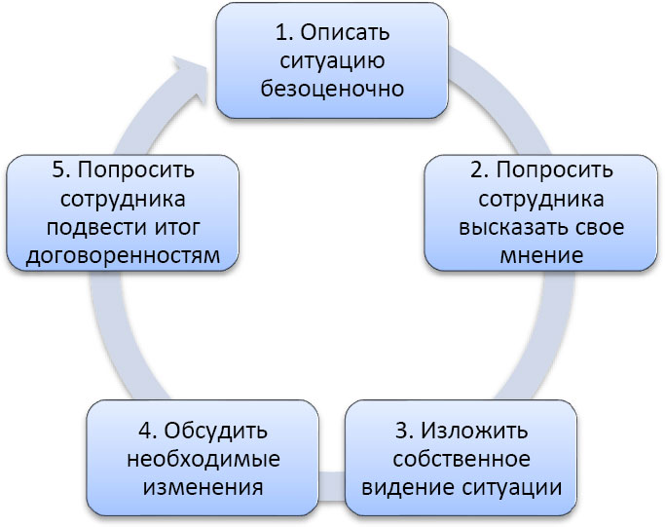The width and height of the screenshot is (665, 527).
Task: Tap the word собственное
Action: click(462, 458)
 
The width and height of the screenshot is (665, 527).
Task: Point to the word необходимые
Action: click(203, 458)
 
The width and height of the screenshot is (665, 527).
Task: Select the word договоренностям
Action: click(122, 256)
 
